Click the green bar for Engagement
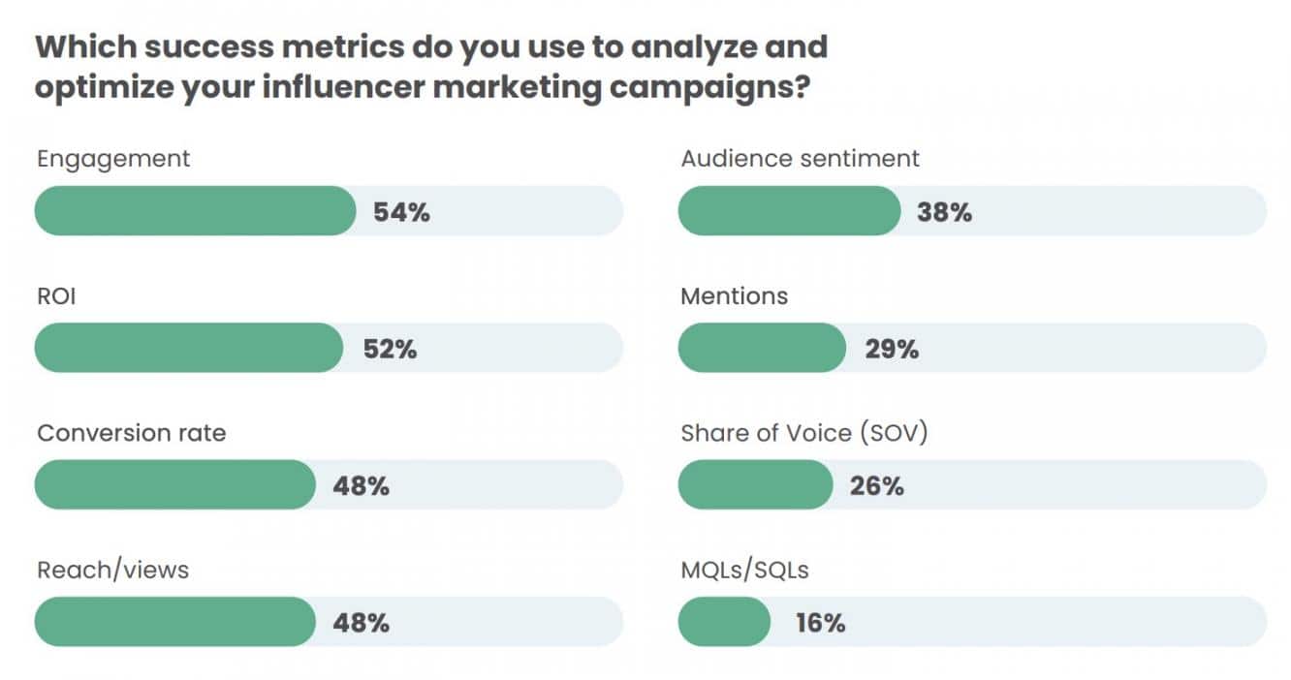pyautogui.click(x=195, y=211)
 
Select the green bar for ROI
pyautogui.click(x=188, y=349)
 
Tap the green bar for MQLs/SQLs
pyautogui.click(x=724, y=622)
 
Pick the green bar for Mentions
pyautogui.click(x=762, y=349)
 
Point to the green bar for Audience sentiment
pyautogui.click(x=789, y=211)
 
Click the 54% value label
pyautogui.click(x=401, y=212)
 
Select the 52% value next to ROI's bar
pyautogui.click(x=390, y=350)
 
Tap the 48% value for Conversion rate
pyautogui.click(x=361, y=486)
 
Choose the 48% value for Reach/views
pyautogui.click(x=361, y=623)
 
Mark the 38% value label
pyautogui.click(x=944, y=212)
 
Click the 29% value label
pyautogui.click(x=892, y=350)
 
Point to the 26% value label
pyautogui.click(x=876, y=486)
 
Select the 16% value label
pyautogui.click(x=820, y=623)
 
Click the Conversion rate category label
pyautogui.click(x=131, y=432)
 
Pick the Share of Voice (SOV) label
pyautogui.click(x=804, y=432)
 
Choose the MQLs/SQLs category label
pyautogui.click(x=744, y=570)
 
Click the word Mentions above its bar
pyautogui.click(x=734, y=295)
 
